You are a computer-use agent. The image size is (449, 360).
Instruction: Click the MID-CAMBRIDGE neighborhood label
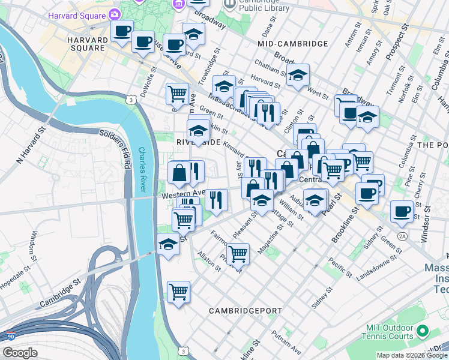(292, 44)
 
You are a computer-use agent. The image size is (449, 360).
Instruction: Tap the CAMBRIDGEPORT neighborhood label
(246, 311)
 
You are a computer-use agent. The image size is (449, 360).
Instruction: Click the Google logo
(20, 353)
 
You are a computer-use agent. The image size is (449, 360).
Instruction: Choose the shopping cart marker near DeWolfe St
(177, 93)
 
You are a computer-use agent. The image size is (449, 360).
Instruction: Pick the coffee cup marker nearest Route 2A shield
(402, 211)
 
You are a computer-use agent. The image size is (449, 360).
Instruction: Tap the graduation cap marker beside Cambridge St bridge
(169, 244)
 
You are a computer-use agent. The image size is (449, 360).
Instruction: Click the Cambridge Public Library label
(264, 5)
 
